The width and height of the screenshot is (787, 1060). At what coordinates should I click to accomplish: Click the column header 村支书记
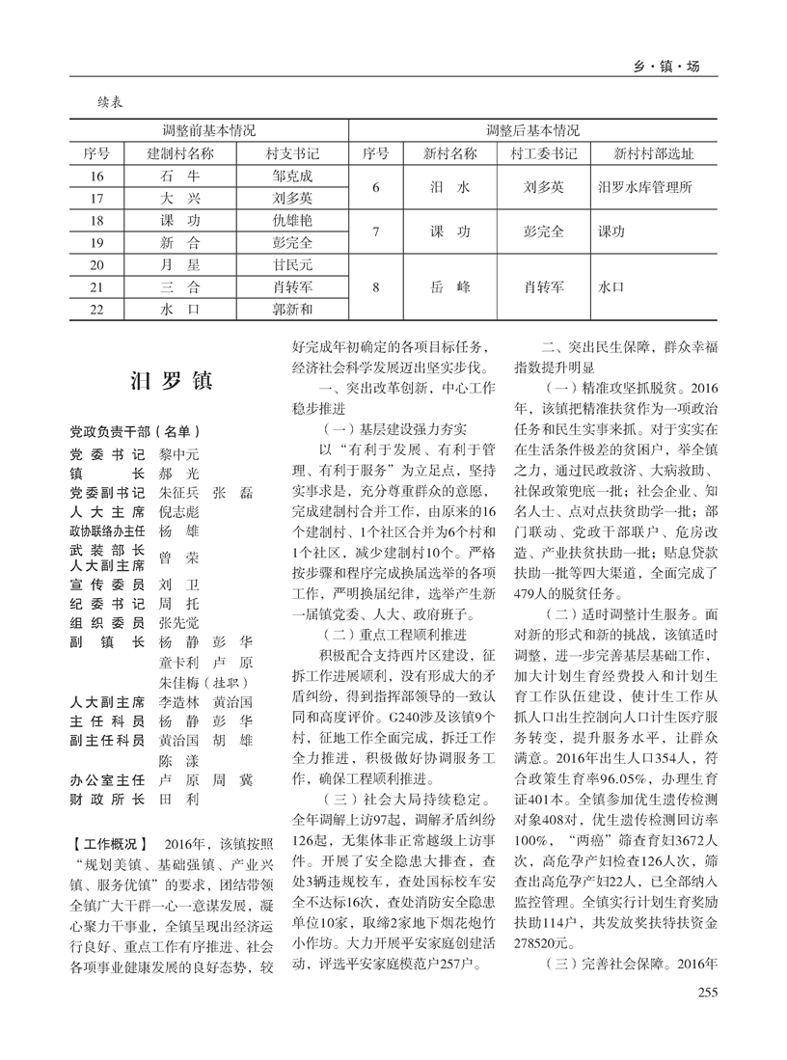click(292, 153)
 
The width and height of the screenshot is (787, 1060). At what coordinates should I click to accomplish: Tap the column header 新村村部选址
click(653, 153)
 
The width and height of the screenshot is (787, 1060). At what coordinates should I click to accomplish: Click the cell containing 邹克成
click(292, 177)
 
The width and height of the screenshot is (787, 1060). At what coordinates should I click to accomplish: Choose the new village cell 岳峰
click(448, 286)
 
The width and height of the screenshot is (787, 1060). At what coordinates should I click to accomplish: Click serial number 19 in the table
click(95, 241)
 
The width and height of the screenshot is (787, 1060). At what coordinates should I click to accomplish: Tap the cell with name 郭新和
click(292, 310)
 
